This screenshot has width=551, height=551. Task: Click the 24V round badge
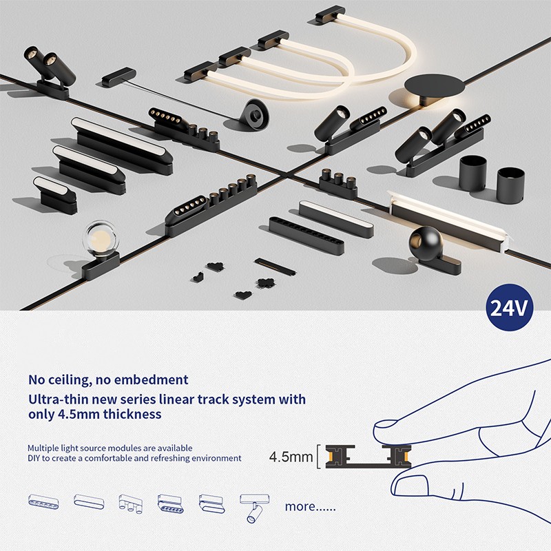pos(510,307)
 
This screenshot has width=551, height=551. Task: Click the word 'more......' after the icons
pos(311,506)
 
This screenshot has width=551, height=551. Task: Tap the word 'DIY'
pos(36,458)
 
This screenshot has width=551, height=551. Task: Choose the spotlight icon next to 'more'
pos(251,506)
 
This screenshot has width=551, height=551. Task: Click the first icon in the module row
pos(43,501)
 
